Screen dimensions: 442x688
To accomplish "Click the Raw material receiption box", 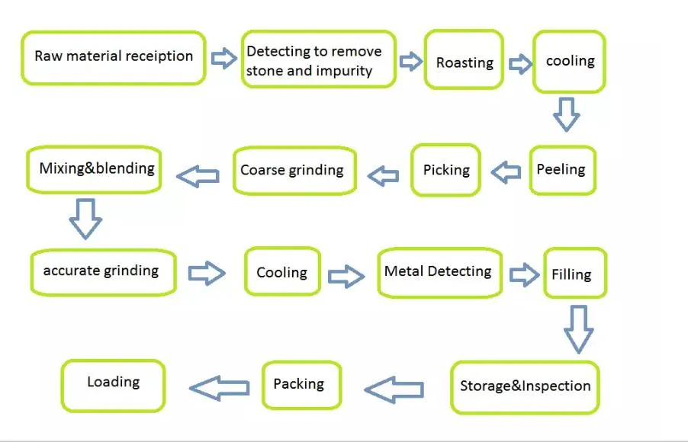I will (114, 57).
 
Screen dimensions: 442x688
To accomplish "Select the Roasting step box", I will (464, 62).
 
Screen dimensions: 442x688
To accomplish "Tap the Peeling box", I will (562, 169).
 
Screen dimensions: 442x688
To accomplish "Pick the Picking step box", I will (446, 169).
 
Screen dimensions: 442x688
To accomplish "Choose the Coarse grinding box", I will (292, 170).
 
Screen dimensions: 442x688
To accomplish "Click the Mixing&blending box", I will (96, 168).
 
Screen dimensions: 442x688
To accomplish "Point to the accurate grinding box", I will (103, 271).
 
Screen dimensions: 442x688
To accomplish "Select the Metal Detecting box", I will (439, 271).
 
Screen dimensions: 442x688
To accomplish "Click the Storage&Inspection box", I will (525, 386).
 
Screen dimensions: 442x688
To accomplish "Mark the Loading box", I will (113, 383).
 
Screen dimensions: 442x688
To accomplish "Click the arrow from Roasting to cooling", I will (519, 63).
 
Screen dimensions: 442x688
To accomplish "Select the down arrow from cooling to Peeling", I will (566, 114).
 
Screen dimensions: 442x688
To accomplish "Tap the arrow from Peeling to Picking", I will (506, 172).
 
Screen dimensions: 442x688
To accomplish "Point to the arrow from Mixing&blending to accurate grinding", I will (85, 218).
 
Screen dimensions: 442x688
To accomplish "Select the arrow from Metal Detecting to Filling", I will (524, 274).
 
